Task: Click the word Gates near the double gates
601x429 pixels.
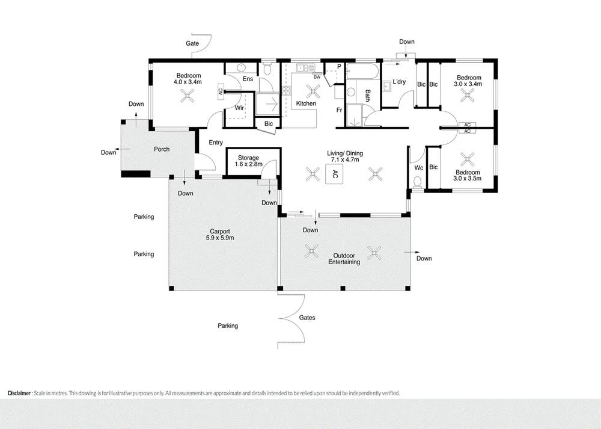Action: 307,318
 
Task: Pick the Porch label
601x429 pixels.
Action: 162,149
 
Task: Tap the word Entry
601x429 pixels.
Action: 216,143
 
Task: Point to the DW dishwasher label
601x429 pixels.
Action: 317,77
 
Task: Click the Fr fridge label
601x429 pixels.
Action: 339,110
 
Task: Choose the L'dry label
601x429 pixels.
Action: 400,82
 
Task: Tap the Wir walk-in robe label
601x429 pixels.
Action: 239,108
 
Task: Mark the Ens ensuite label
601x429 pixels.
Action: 248,79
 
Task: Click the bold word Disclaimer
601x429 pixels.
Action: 19,393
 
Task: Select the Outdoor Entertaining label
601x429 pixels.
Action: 344,258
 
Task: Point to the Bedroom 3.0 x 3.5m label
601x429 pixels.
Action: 468,176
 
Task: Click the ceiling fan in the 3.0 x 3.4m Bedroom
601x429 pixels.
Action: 468,94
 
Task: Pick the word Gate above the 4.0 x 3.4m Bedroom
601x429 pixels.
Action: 192,44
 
